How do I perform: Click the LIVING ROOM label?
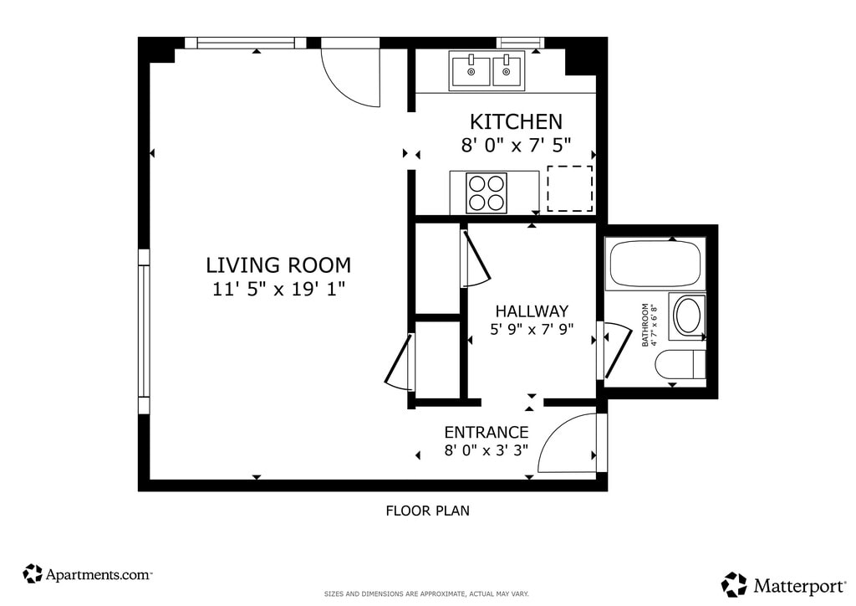coord(278,265)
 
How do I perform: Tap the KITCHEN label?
coord(516,121)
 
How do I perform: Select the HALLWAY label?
coord(532,311)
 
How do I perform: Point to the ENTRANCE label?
coord(486,432)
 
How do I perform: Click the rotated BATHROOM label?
coord(645,325)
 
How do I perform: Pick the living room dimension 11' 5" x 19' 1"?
coord(278,289)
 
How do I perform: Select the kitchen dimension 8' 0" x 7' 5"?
coord(516,145)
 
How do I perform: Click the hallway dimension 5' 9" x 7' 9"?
coord(532,330)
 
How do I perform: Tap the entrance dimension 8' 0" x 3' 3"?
coord(486,451)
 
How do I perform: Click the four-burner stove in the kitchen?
coord(486,193)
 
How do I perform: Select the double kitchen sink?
coord(487,70)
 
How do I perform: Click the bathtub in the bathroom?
coord(655,264)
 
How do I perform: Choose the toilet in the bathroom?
coord(680,364)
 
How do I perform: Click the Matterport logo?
coord(783,585)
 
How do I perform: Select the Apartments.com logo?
coord(87,574)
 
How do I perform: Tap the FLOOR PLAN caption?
coord(427,511)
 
